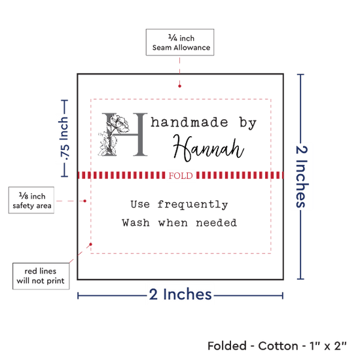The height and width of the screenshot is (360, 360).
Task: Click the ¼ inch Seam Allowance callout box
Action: (180, 43)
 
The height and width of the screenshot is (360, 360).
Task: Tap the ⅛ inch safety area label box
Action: (31, 200)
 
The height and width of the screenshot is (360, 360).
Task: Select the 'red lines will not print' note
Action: (41, 276)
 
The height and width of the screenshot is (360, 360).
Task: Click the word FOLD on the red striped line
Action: (181, 175)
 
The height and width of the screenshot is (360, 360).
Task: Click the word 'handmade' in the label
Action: (189, 122)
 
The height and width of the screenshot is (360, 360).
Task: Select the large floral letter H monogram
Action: (123, 135)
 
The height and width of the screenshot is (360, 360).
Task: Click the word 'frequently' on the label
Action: (192, 204)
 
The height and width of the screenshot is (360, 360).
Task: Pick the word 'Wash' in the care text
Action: (135, 223)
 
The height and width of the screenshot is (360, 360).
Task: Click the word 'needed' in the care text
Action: (216, 223)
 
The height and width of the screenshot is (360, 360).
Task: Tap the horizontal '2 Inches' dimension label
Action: (180, 295)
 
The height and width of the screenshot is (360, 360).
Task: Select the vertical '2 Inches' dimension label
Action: (302, 177)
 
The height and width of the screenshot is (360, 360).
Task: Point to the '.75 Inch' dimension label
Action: (64, 139)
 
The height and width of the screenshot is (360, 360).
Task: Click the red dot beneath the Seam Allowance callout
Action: (179, 86)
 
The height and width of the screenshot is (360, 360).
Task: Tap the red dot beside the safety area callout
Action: (84, 201)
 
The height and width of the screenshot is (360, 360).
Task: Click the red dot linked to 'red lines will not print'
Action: (91, 244)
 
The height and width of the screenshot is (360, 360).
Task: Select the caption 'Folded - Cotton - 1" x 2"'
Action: (277, 346)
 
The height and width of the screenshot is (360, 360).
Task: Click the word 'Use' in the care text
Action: (140, 204)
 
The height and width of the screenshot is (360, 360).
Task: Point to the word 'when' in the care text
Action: (173, 223)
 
